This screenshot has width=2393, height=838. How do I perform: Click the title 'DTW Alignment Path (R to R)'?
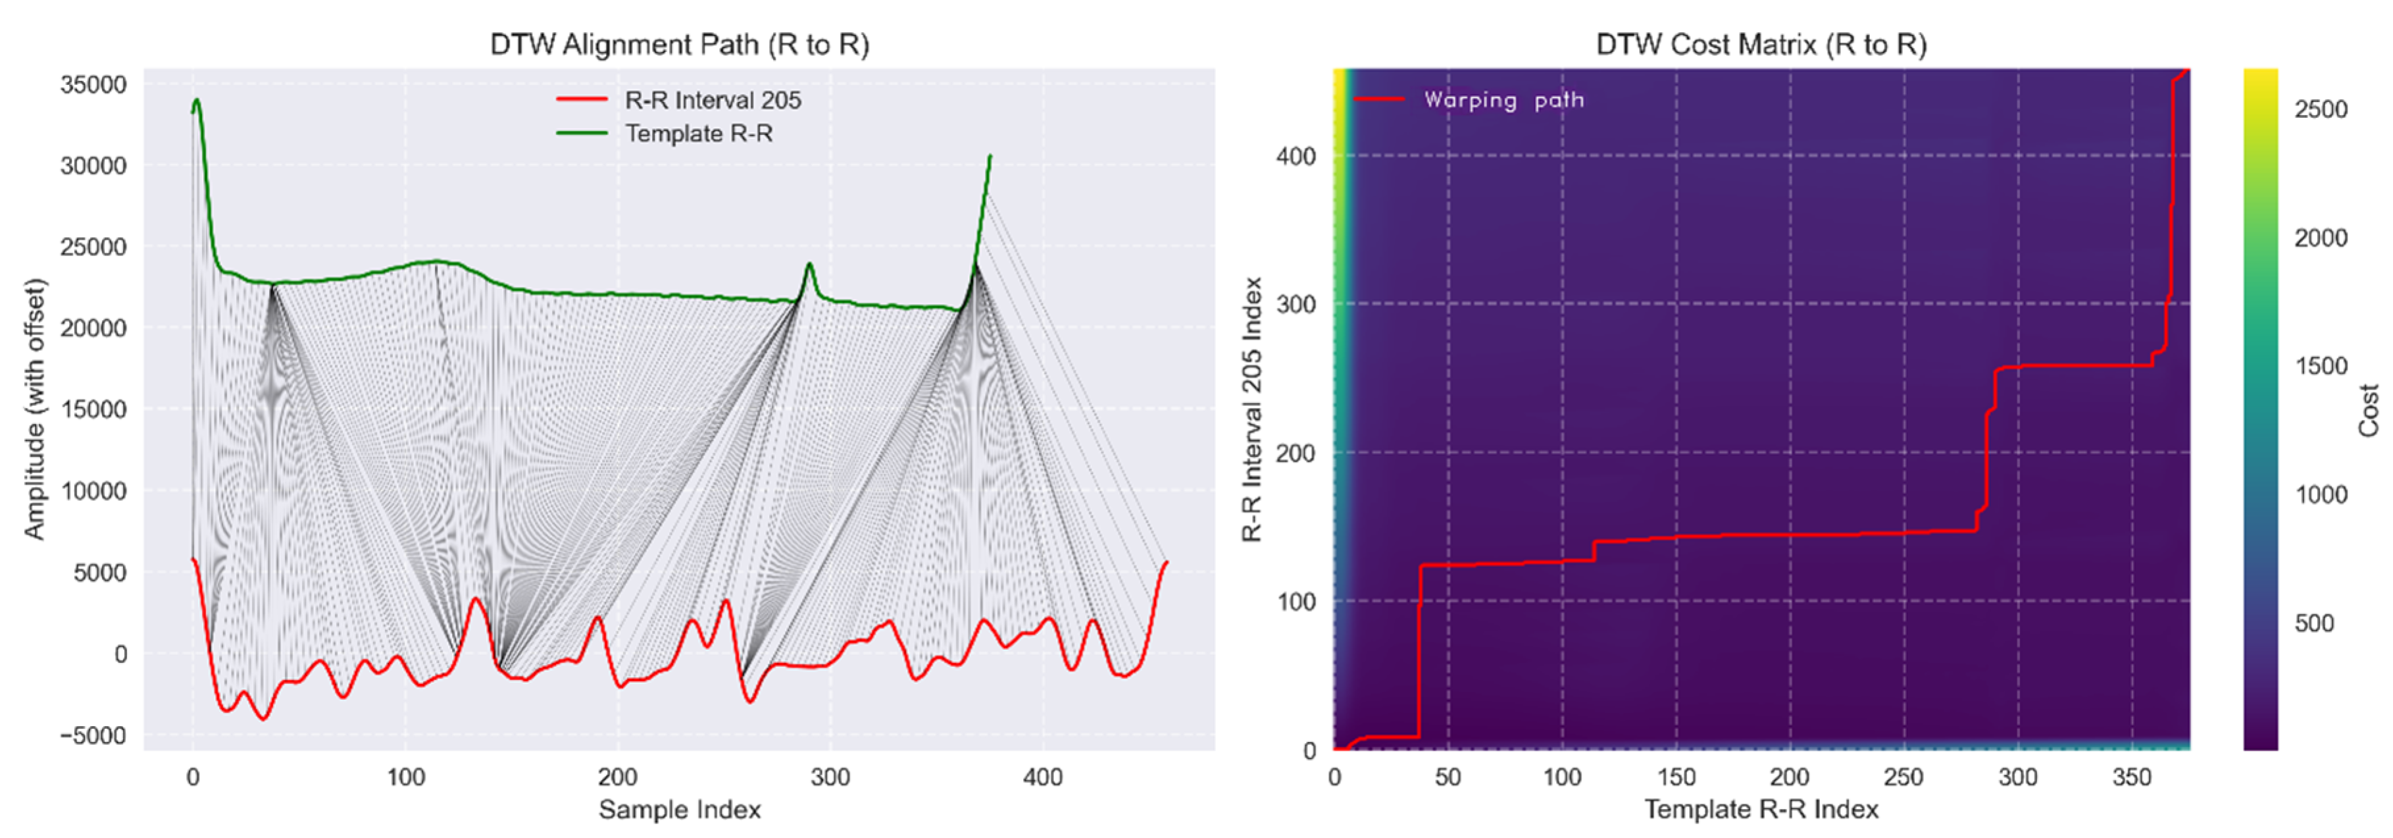679,45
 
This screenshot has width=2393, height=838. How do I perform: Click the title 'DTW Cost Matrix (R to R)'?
1761,45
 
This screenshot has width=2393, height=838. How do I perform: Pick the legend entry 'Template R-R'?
699,134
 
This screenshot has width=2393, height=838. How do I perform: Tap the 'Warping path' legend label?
1503,100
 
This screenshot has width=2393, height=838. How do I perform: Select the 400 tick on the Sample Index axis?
1042,777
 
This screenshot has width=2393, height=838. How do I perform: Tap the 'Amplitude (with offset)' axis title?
34,409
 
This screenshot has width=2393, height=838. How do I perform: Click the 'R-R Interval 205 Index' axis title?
1252,409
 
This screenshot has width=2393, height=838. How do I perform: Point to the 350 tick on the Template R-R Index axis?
2131,777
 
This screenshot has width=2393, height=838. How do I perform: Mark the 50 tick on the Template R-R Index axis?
1448,777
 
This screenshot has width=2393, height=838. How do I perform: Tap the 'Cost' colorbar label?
2368,409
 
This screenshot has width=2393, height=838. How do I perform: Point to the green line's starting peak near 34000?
196,100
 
